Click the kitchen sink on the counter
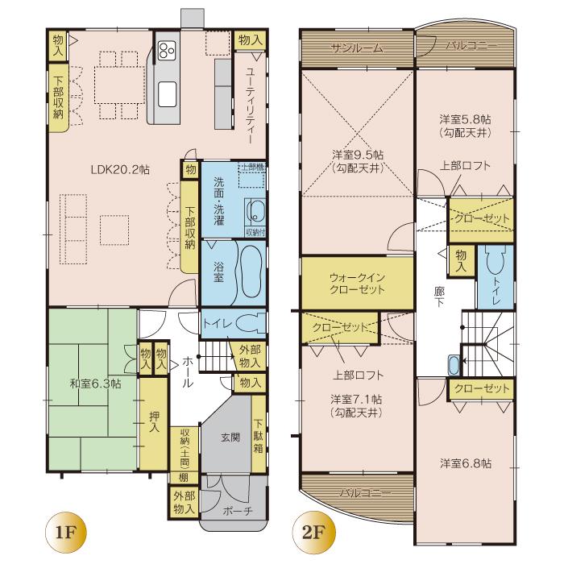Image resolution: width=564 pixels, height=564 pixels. (x=168, y=94)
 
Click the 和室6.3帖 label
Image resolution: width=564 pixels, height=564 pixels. (x=95, y=384)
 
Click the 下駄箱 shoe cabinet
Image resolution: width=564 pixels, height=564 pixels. (x=259, y=436)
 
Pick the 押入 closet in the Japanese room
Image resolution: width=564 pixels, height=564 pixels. (x=154, y=424)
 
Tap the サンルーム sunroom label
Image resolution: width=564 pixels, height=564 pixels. (x=356, y=48)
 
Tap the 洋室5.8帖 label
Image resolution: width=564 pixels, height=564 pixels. (x=465, y=123)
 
